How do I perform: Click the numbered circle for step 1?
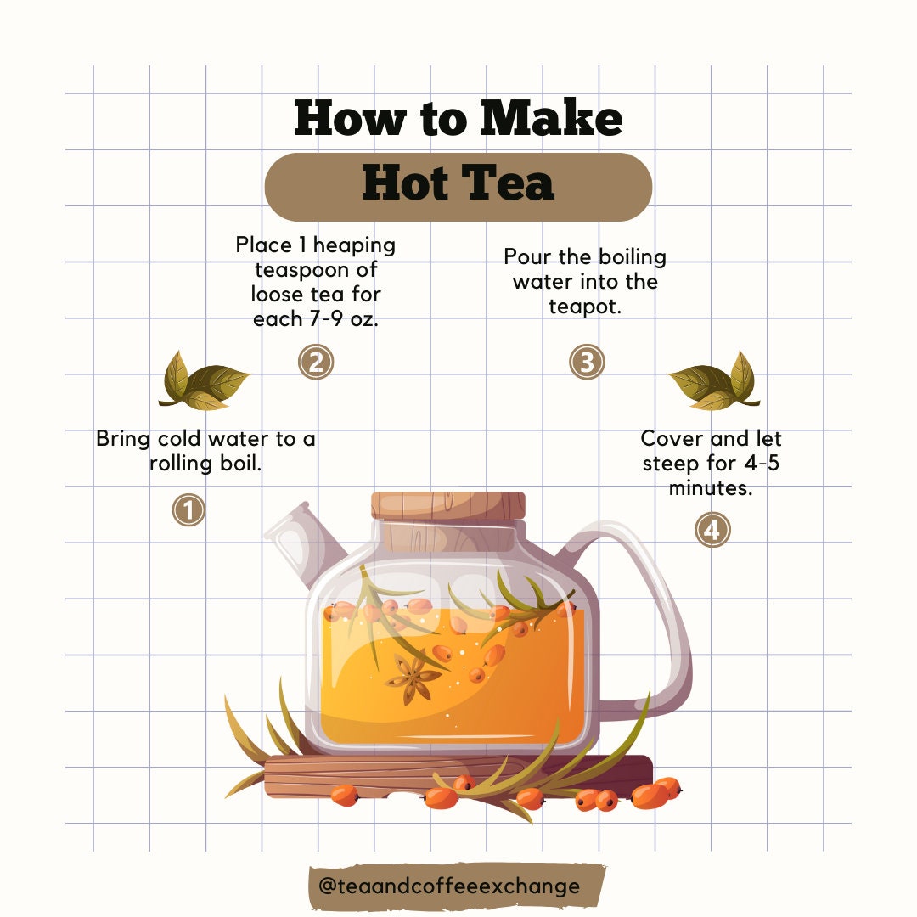click(188, 510)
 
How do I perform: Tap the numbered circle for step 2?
click(316, 362)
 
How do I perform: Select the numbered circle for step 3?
click(587, 362)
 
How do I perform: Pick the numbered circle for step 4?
click(712, 530)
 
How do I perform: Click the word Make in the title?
click(551, 118)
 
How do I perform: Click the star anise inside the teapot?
click(413, 678)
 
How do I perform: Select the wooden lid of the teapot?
click(448, 506)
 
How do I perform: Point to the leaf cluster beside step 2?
click(203, 380)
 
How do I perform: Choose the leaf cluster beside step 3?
click(715, 380)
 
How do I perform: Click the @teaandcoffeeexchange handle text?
click(449, 886)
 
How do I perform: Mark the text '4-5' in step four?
click(762, 464)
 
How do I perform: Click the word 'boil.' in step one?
click(241, 464)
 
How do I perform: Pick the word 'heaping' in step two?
click(354, 245)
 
